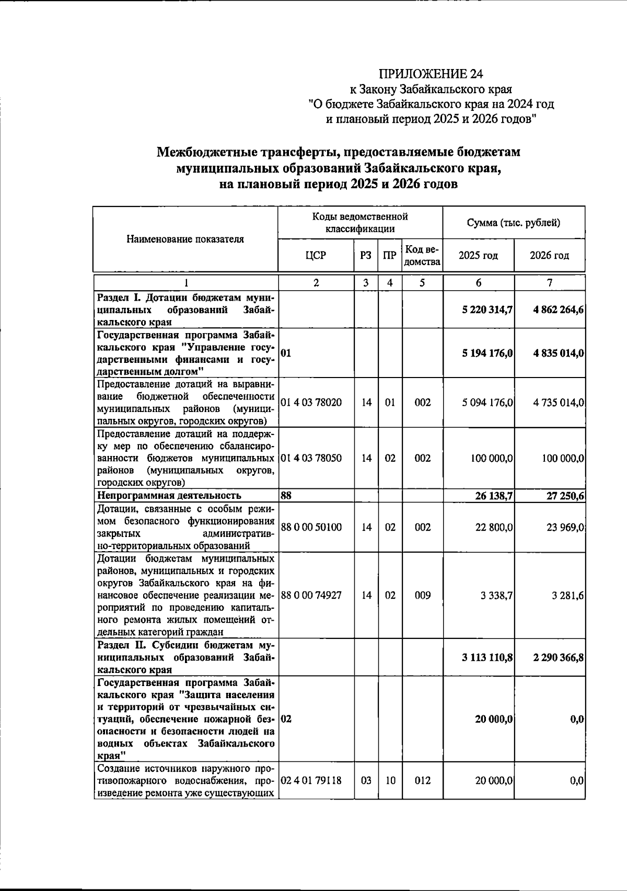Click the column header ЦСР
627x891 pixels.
point(316,255)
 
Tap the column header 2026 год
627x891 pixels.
point(549,256)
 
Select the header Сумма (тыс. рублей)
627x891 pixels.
point(514,223)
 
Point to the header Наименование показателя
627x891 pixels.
point(185,239)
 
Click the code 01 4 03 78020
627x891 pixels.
point(311,403)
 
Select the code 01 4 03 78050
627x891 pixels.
point(311,458)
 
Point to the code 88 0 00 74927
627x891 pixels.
point(311,595)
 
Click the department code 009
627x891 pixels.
point(422,595)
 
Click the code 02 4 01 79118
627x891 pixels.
point(311,781)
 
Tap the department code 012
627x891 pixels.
point(422,781)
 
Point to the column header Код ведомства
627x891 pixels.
point(422,255)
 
